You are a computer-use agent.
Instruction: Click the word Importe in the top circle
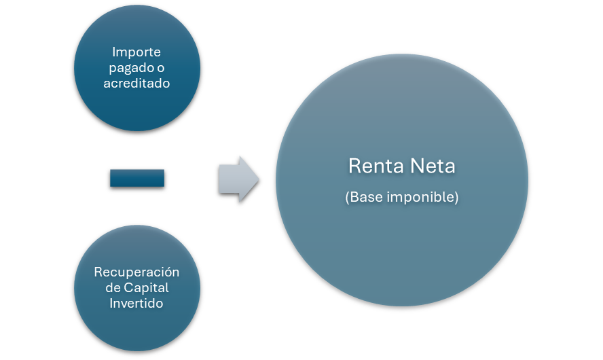136,52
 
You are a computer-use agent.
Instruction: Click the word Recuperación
136,272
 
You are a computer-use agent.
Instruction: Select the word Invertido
136,303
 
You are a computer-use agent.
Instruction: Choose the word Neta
432,166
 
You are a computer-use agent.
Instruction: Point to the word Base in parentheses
365,198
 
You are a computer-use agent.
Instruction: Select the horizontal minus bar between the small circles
137,178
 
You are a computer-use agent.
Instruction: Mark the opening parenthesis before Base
348,198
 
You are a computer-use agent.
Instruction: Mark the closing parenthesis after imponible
456,198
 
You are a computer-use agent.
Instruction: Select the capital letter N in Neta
415,166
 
